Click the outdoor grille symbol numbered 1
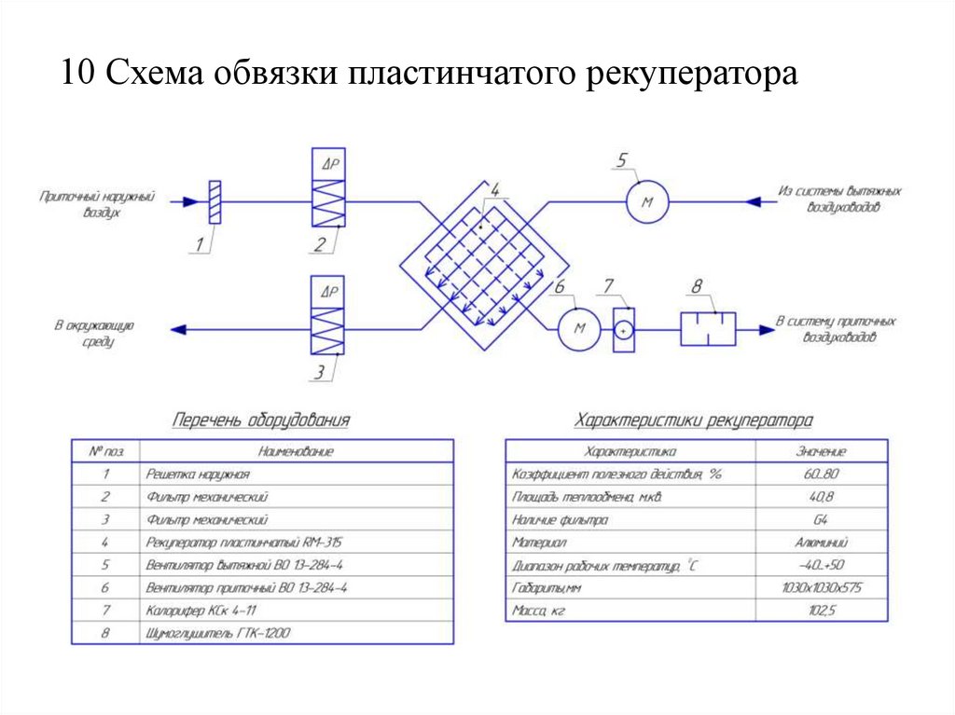pos(215,201)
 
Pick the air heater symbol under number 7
pos(625,329)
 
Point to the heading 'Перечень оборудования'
pos(261,420)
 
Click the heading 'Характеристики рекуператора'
pos(694,420)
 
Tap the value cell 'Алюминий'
pos(822,542)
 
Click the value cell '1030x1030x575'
pos(822,587)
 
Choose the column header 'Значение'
pos(822,451)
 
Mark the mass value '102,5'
pos(822,611)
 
